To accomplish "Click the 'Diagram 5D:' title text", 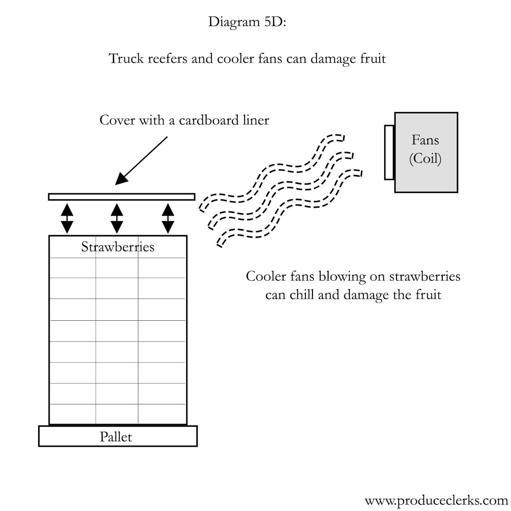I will pos(247,22).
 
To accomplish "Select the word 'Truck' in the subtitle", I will pos(126,59).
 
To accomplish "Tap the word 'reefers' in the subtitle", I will pos(167,59).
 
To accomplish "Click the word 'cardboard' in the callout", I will pos(209,120).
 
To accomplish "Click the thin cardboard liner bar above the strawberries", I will pos(121,197).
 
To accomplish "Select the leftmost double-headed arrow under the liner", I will pos(67,218).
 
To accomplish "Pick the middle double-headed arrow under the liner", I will pos(117,218).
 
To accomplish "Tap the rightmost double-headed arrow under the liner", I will pos(168,218).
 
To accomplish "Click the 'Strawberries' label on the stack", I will pos(118,247).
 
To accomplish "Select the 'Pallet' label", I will pos(116,437).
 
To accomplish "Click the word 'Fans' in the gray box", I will pos(425,140).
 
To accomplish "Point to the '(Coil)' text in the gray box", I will pos(425,158).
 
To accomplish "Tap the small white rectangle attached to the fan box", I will pos(389,152).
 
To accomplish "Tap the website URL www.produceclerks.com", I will pos(436,500).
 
